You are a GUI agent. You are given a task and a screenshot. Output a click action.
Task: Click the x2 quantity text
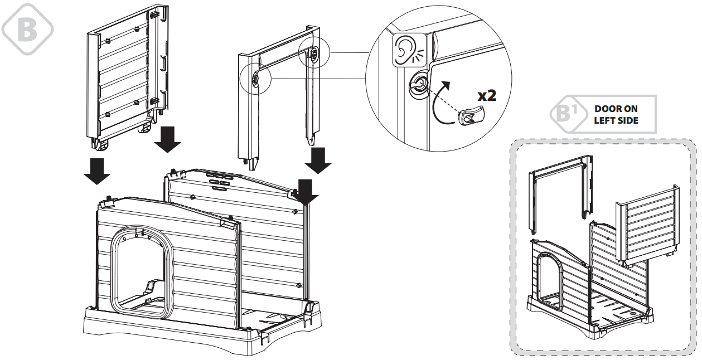[x=487, y=95]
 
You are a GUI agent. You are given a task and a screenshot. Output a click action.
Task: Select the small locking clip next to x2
[x=469, y=117]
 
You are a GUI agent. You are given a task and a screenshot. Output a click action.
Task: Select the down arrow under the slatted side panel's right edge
[x=167, y=139]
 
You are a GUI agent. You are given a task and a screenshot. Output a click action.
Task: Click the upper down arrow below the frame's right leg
[x=319, y=159]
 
